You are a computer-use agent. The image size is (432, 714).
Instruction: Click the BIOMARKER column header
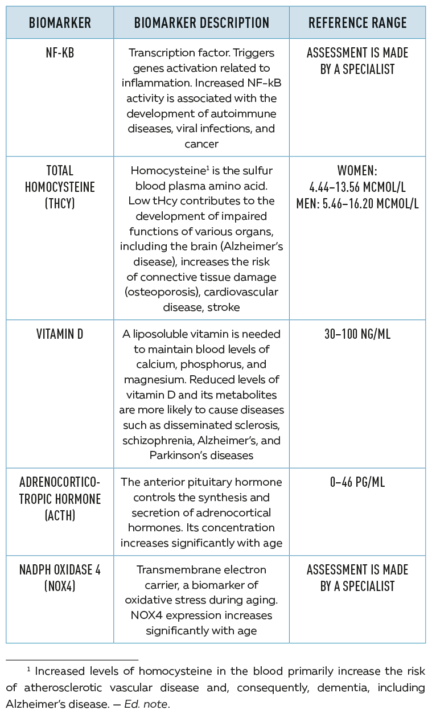(60, 23)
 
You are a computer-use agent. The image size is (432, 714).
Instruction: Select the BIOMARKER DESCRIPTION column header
(201, 23)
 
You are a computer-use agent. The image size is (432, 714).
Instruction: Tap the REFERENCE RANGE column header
(357, 23)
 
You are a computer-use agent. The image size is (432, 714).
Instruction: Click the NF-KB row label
(60, 54)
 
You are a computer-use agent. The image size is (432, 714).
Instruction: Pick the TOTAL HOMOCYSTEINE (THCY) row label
(60, 187)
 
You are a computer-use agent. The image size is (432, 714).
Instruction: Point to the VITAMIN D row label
(60, 334)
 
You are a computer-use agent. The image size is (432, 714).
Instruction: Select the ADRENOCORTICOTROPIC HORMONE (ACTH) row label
(60, 499)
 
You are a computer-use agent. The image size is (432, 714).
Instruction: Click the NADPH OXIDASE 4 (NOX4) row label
(60, 578)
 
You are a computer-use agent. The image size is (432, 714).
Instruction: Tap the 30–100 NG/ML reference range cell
(357, 334)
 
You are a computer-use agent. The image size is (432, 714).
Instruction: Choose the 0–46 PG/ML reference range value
(357, 482)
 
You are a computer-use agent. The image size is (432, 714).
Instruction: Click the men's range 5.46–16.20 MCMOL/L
(357, 203)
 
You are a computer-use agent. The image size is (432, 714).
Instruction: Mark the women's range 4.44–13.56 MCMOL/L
(357, 187)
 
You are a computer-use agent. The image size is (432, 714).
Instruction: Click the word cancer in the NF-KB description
(201, 143)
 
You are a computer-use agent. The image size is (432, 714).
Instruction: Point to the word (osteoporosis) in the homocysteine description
(153, 292)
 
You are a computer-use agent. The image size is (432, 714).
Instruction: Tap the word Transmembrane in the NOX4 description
(172, 570)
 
